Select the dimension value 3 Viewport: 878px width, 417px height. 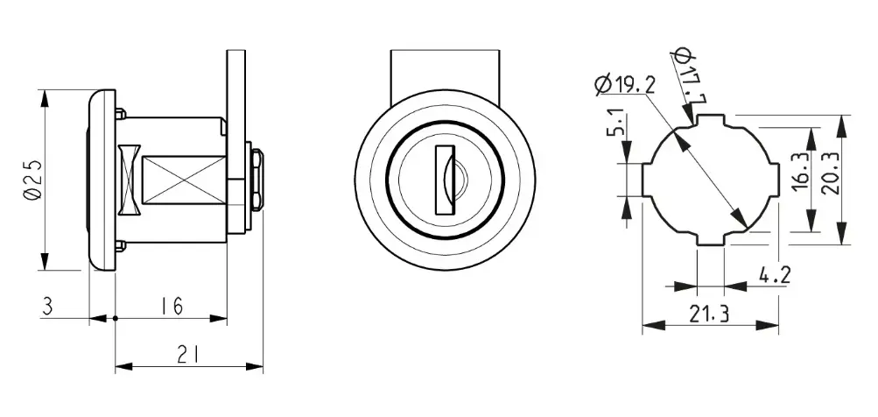tap(48, 307)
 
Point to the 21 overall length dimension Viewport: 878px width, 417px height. tap(189, 355)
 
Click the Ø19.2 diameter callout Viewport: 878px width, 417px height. tap(626, 85)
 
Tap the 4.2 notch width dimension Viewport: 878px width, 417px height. tap(775, 276)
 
